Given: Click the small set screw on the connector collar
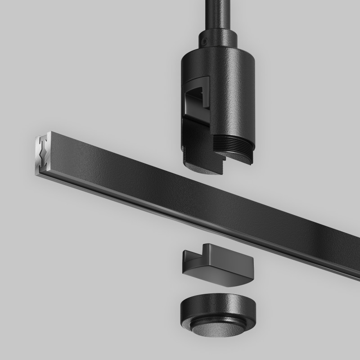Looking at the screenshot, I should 205,41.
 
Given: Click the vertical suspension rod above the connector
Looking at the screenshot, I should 215,13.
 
